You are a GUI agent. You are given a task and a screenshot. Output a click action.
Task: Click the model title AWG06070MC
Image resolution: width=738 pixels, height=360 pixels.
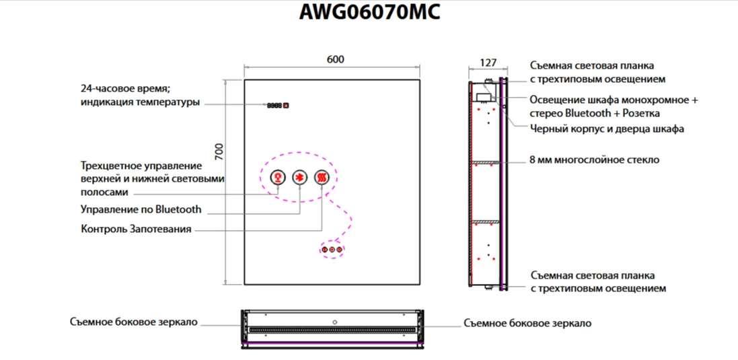pos(369,12)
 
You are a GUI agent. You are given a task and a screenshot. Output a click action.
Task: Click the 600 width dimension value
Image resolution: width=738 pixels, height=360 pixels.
pos(335,59)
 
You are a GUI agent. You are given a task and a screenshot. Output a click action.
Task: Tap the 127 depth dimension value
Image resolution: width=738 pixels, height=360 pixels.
pos(488,63)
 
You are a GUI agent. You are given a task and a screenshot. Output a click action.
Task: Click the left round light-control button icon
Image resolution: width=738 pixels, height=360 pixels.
pos(276,177)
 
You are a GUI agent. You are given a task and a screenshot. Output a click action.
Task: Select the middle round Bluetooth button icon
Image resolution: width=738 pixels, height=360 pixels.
pos(300,177)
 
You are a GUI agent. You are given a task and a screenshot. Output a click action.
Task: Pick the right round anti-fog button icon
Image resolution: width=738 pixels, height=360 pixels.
pos(322,177)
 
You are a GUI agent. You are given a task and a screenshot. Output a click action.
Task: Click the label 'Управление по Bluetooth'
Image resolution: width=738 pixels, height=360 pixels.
pos(141,209)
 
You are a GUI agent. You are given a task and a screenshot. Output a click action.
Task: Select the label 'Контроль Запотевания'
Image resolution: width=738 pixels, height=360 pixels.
pos(136,229)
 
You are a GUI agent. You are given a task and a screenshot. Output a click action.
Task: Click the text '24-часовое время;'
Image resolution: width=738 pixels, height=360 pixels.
pos(125,89)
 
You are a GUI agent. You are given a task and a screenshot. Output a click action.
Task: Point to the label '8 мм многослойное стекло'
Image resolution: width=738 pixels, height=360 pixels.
pos(595,160)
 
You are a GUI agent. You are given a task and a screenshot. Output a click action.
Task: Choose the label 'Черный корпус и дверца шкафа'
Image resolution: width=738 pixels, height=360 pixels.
pos(607,129)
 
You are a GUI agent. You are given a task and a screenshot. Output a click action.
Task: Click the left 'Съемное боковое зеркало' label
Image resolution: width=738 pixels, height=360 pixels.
pos(133,322)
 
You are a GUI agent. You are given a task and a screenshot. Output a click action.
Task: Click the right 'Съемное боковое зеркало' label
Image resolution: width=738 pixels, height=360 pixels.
pos(527,324)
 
